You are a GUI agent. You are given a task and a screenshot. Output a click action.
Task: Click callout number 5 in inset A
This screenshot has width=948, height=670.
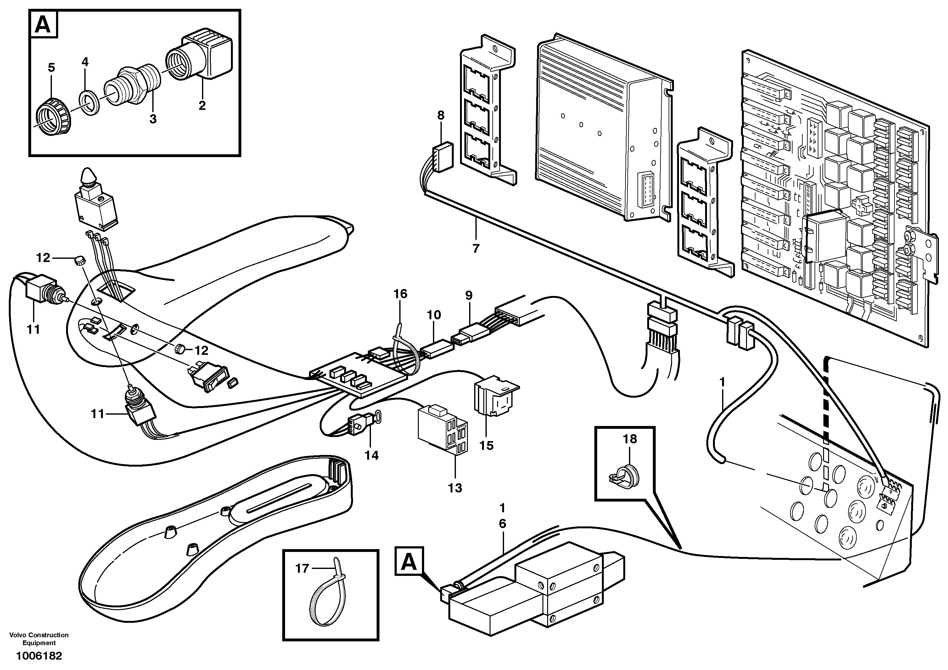51,67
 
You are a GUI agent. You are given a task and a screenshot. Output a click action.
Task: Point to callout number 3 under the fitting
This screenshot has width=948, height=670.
153,119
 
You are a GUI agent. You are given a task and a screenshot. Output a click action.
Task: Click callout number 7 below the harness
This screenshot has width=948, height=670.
476,249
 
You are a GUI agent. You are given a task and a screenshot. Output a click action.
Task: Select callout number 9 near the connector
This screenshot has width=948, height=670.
468,295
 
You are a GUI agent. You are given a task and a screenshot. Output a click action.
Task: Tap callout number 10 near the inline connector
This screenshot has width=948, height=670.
434,315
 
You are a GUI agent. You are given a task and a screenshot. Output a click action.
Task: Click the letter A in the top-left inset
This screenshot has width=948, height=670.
43,25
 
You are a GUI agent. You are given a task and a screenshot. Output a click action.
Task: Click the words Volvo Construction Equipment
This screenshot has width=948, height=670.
39,639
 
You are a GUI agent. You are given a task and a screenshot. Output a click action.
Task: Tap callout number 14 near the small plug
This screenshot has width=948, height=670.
371,455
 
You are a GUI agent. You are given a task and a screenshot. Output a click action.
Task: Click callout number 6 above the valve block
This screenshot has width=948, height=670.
502,524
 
